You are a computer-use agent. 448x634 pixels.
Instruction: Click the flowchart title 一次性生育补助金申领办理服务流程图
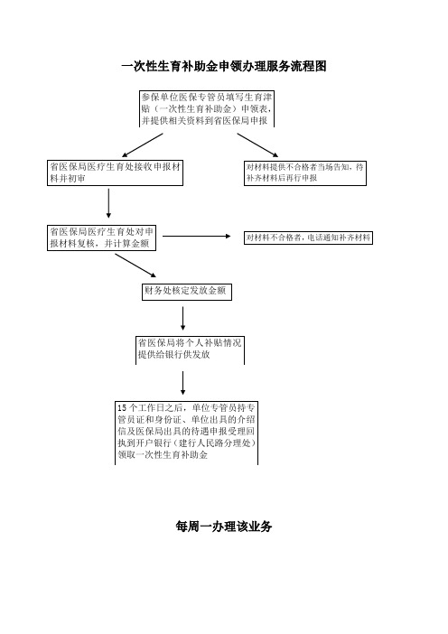pyautogui.click(x=224, y=66)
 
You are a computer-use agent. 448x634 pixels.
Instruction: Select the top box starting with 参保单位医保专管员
pyautogui.click(x=207, y=108)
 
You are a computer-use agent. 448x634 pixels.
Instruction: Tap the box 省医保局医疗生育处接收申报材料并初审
pyautogui.click(x=116, y=172)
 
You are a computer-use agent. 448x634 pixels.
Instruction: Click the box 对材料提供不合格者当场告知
pyautogui.click(x=305, y=172)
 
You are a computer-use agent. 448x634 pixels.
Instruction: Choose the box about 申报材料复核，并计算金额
pyautogui.click(x=101, y=238)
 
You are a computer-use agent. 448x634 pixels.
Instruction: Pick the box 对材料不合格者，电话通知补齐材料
pyautogui.click(x=308, y=238)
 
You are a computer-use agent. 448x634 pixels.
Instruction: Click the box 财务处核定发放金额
pyautogui.click(x=187, y=291)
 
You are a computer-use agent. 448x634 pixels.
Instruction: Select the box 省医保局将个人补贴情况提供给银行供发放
pyautogui.click(x=190, y=350)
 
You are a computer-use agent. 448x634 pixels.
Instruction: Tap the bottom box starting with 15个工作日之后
pyautogui.click(x=186, y=433)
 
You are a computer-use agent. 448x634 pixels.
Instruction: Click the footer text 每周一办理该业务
pyautogui.click(x=224, y=527)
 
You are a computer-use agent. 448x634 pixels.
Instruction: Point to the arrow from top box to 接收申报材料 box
pyautogui.click(x=143, y=145)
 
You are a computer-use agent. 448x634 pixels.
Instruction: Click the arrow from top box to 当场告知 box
pyautogui.click(x=257, y=145)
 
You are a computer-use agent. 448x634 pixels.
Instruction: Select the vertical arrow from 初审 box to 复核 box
pyautogui.click(x=108, y=203)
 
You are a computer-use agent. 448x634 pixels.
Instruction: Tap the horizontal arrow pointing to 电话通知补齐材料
pyautogui.click(x=197, y=236)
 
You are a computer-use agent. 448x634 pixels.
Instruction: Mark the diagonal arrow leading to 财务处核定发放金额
pyautogui.click(x=135, y=266)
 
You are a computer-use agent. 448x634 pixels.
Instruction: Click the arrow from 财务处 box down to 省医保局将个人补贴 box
pyautogui.click(x=182, y=318)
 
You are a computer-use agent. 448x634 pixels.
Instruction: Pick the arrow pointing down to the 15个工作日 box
pyautogui.click(x=182, y=383)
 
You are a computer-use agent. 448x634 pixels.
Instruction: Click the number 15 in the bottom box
pyautogui.click(x=122, y=408)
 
